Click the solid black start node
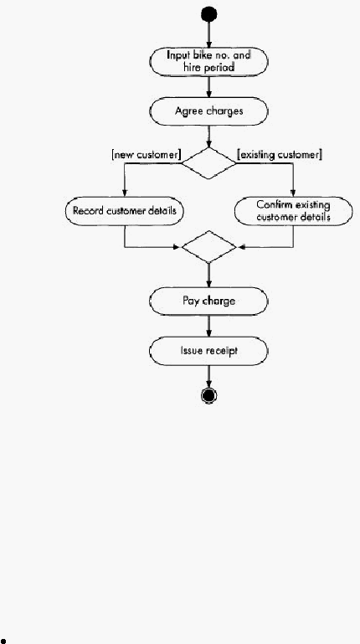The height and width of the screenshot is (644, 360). pos(209,14)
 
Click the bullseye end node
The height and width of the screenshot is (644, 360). pos(209,395)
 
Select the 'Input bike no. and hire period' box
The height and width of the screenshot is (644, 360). pos(208,62)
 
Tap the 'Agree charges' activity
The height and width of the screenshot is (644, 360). pos(208,111)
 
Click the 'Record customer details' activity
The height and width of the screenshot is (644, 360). pos(125,211)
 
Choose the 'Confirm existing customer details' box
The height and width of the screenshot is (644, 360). pos(293,211)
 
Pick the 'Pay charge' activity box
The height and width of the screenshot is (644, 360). pos(208,301)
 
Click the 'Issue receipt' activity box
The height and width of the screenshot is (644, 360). pos(208,351)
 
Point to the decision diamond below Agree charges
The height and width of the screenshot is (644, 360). pos(209,163)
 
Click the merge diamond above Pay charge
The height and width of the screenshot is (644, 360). pos(209,247)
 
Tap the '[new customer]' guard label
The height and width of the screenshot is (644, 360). pos(147,155)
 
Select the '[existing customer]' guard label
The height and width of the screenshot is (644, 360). pos(280,155)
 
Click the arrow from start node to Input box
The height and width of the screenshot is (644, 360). pos(209,35)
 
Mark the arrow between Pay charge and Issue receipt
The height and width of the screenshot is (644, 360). pos(209,326)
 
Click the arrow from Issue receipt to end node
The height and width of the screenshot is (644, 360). pos(209,377)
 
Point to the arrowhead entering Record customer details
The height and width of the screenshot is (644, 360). pos(125,193)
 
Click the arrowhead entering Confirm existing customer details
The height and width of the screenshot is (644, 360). pos(293,193)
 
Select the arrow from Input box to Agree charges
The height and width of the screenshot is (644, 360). pos(209,86)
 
